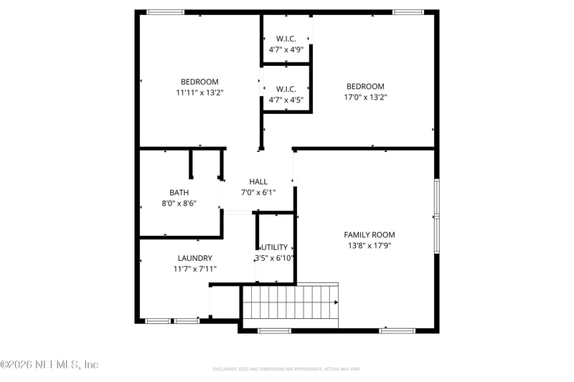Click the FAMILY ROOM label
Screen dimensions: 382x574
tap(369, 235)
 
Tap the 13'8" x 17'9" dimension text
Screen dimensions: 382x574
tap(369, 246)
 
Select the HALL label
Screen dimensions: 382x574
tap(258, 182)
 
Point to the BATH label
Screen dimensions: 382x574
tap(179, 193)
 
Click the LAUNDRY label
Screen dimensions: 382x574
tap(195, 258)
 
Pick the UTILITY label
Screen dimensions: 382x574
tap(274, 247)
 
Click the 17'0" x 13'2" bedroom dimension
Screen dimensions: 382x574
tap(365, 97)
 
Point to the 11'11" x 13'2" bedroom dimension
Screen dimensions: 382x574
tap(199, 92)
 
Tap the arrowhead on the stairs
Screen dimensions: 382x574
tap(336, 302)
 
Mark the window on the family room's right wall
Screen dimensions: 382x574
tap(436, 215)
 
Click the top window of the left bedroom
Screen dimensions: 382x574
tap(165, 12)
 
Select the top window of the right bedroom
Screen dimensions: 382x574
tap(407, 12)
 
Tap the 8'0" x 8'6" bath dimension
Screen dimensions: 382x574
tap(179, 204)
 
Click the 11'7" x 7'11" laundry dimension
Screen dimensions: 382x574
tap(195, 269)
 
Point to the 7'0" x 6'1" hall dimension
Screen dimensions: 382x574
tap(258, 193)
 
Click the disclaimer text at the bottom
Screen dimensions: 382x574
tap(286, 369)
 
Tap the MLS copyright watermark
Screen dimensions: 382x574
tap(49, 365)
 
